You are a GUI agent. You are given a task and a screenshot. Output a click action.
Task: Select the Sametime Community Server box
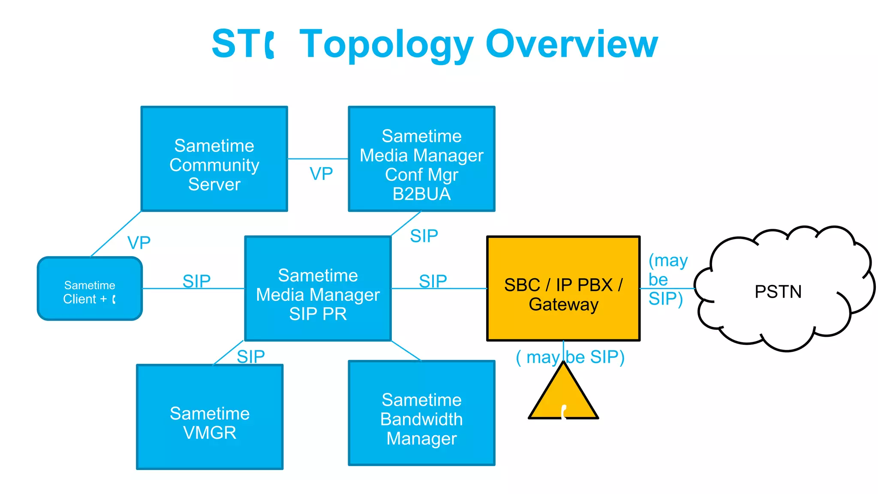point(214,159)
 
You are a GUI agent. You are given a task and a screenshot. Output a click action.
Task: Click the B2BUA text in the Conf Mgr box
point(421,194)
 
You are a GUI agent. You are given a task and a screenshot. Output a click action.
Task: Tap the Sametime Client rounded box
point(90,288)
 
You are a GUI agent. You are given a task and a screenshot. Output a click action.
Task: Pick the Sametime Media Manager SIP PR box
point(318,288)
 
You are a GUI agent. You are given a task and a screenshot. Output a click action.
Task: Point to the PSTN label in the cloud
point(778,292)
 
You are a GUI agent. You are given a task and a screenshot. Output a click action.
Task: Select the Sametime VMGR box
point(210,417)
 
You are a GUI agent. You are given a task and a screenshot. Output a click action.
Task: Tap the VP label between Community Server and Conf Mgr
point(321,174)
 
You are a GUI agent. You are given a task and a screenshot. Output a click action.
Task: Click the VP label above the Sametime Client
point(139,243)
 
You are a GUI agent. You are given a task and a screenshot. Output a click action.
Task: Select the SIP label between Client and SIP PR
point(196,281)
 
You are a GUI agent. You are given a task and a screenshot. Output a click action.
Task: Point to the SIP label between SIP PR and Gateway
point(433,281)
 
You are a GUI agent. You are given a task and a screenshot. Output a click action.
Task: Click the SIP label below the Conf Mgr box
point(424,236)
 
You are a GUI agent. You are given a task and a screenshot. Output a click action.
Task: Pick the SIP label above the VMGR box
point(251,356)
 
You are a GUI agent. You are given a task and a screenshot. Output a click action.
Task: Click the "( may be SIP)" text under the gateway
point(570,357)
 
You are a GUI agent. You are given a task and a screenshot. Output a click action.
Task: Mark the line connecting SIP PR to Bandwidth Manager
point(406,350)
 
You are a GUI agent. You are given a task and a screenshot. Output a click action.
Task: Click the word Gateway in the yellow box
point(563,305)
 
